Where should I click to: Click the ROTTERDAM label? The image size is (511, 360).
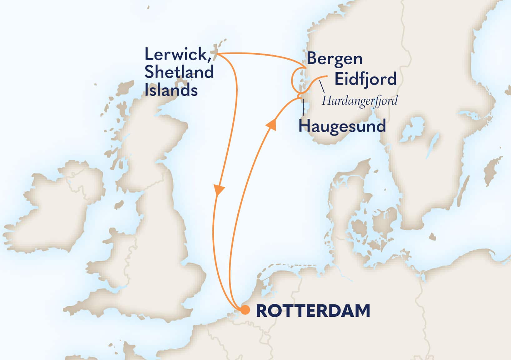(x=313, y=311)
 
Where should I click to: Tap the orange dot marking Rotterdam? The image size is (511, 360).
(x=245, y=310)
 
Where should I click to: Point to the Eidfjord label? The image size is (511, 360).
(x=365, y=79)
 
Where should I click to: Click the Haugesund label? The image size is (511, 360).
(x=342, y=127)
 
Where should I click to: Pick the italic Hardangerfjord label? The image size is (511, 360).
(x=360, y=101)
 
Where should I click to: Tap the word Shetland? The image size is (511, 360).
(x=179, y=72)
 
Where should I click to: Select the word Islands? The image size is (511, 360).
(x=171, y=90)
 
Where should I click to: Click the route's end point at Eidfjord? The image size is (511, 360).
(x=326, y=76)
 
